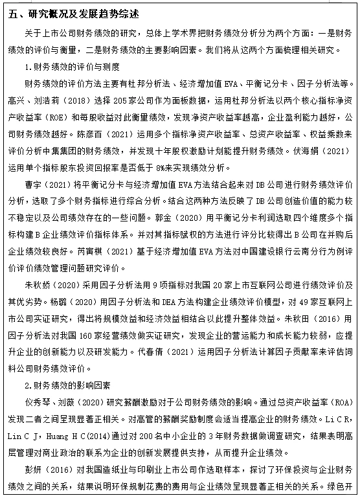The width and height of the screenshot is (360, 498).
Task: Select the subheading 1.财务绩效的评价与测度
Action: (68, 67)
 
